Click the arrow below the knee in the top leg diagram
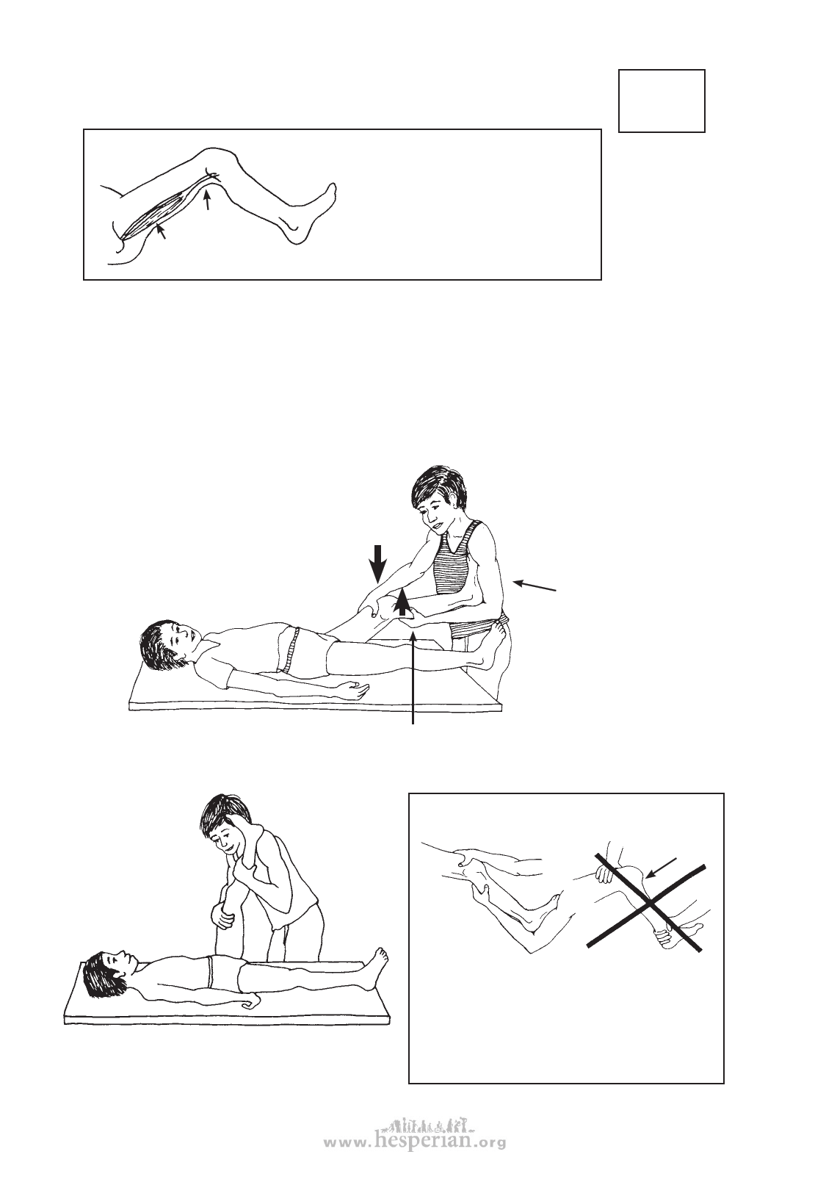coord(208,199)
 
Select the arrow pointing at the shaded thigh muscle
coord(160,231)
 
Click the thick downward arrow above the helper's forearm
coord(377,563)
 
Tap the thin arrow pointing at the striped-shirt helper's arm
coord(535,585)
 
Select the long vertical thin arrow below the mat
coord(413,679)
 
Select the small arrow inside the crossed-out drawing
coord(662,868)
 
